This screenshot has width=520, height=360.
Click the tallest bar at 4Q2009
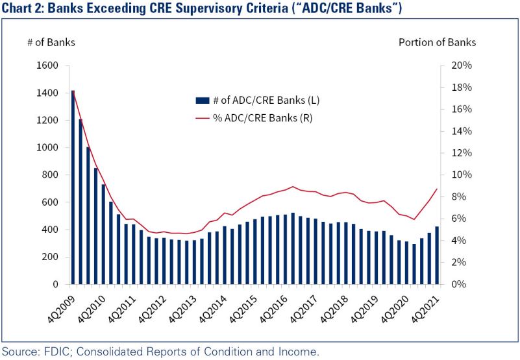[73, 188]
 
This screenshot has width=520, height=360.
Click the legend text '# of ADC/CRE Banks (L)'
[266, 101]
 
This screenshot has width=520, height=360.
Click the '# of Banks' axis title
[51, 42]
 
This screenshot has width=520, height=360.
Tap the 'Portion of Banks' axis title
[437, 42]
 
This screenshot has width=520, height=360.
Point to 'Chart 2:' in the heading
[23, 8]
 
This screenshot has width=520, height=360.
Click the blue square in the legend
[203, 101]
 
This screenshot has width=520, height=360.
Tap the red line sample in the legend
[203, 117]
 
